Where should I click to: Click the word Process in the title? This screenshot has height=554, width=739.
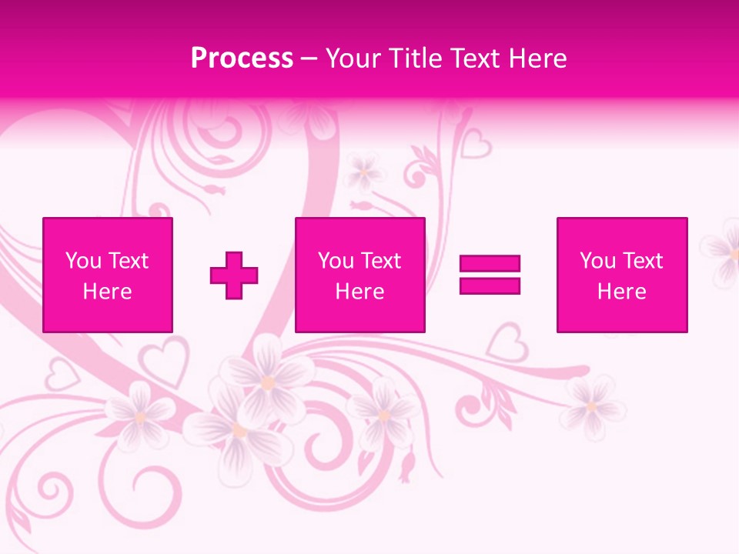coord(242,58)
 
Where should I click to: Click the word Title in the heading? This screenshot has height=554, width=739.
coord(416,58)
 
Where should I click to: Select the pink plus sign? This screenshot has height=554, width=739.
coord(234,275)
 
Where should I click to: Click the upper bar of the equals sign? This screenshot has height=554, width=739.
coord(490,264)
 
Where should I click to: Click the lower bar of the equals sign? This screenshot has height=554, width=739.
coord(490,285)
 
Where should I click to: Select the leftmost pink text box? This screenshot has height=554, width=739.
coord(107,275)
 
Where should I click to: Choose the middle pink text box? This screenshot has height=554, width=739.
coord(359,275)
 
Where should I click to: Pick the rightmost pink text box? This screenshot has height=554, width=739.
coord(621,275)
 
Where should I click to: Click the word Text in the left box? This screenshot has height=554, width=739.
coord(128,261)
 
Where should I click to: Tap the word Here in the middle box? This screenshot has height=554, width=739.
coord(359,292)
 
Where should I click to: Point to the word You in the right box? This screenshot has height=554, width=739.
coord(597,261)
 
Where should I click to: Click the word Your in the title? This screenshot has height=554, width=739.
coord(353,58)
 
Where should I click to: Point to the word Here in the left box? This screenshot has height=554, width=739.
coord(107,292)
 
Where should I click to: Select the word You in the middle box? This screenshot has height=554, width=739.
coord(336,261)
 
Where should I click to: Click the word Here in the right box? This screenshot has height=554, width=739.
coord(621,292)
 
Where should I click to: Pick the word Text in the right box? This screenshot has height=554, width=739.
coord(642,261)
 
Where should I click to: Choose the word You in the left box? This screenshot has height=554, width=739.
coord(83,261)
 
